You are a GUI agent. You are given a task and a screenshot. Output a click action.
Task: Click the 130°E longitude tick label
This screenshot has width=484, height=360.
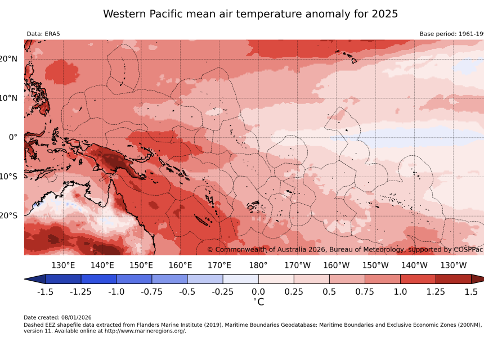[63, 265]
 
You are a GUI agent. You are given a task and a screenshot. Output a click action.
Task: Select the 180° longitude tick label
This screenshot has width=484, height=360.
[258, 265]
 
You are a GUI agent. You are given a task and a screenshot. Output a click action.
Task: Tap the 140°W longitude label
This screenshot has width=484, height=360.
[414, 265]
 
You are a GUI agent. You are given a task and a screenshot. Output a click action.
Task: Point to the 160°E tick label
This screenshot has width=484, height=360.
[180, 265]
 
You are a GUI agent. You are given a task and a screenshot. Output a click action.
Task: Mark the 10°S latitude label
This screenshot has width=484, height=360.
[8, 176]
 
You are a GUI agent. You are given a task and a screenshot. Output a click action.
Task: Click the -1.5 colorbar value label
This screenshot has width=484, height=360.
[45, 292]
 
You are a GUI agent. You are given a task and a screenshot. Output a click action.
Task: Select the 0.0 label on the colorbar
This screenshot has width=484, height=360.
[258, 292]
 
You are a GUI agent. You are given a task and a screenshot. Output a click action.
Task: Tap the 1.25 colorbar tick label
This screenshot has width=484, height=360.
[436, 292]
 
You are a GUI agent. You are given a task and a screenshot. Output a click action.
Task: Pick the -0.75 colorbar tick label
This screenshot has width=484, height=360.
[152, 292]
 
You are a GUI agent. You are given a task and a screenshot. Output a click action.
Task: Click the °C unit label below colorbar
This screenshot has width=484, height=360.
[258, 302]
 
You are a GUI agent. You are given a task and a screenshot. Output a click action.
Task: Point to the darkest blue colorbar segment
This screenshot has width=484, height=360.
[63, 279]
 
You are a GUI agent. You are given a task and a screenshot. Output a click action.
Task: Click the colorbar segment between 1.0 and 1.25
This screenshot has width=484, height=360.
[418, 279]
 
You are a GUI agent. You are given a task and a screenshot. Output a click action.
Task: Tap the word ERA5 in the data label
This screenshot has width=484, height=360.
[52, 34]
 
